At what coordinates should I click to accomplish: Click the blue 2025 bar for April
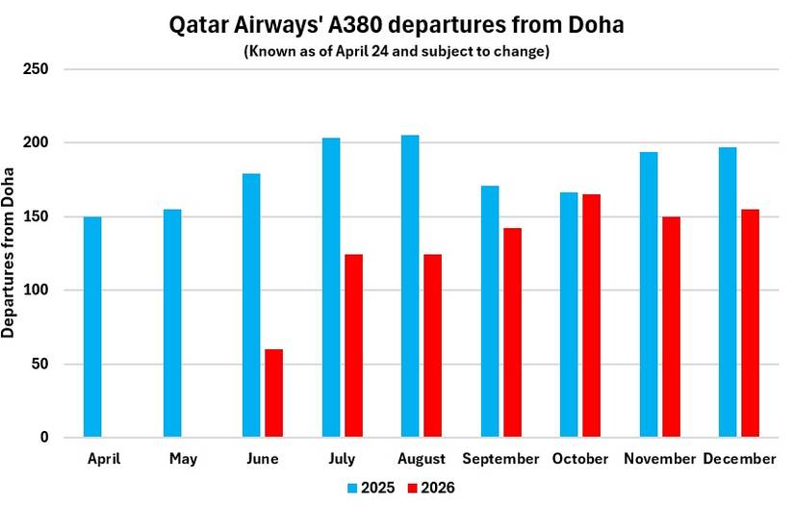pos(92,327)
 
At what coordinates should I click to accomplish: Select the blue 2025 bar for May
pos(172,323)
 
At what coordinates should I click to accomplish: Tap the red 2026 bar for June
pos(273,393)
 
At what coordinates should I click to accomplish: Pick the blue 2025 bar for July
pos(331,288)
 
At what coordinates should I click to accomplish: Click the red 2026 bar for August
pos(433,346)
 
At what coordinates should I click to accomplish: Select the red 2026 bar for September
pos(512,333)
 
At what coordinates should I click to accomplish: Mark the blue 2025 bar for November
pos(649,294)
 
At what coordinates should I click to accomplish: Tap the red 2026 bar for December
pos(751,323)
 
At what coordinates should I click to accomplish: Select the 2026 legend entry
pos(427,488)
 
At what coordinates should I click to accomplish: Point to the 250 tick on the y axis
pos(38,69)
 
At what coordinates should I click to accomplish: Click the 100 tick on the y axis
pos(38,291)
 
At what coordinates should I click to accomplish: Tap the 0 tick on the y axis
pos(44,438)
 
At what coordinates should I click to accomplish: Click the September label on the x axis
pos(500,460)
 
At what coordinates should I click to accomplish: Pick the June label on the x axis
pos(263,460)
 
